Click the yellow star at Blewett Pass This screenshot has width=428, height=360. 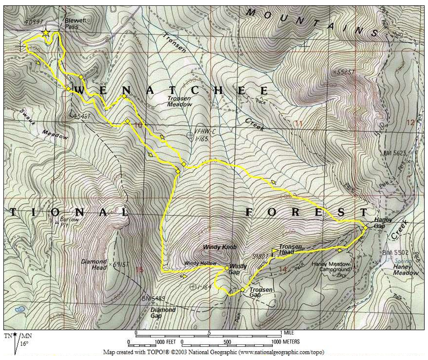pos(46,33)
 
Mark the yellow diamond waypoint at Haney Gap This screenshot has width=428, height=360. pos(365,228)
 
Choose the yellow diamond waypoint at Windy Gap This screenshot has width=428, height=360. pos(227,268)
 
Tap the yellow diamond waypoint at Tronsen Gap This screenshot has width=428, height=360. pos(242,290)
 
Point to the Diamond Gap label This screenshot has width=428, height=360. pos(162,312)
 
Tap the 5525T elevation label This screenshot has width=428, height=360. pos(342,72)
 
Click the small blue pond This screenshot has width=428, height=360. pos(20,309)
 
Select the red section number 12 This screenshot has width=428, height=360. pos(410,123)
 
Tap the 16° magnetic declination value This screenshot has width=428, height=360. pos(23,344)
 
